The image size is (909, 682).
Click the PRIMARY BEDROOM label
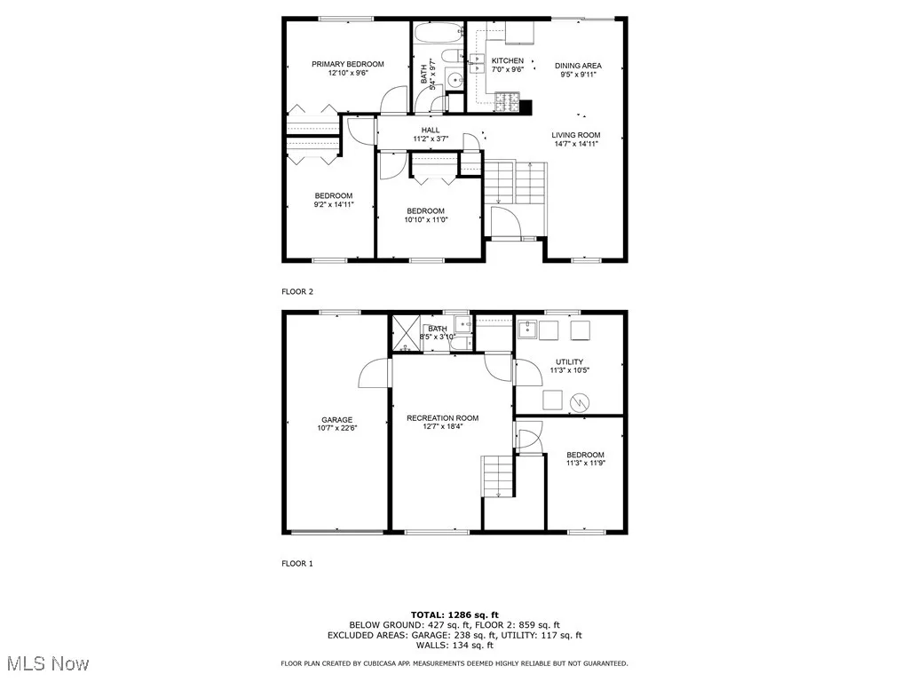pos(347,64)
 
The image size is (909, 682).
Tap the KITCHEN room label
pos(508,60)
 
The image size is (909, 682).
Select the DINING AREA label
pos(578,66)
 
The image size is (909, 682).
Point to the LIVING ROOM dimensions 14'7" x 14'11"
pos(575,144)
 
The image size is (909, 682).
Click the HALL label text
pos(431,130)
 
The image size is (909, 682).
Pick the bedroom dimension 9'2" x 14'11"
pos(333,204)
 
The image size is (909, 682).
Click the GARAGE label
pos(336,420)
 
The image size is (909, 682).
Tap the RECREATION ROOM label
pos(442,418)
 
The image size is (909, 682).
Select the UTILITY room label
pos(569,361)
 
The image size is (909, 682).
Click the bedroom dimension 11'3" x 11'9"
pos(585,464)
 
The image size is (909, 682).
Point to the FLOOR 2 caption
pos(297,291)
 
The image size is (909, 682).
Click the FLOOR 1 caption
pos(297,563)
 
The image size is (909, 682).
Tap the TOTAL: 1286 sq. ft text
pos(454,615)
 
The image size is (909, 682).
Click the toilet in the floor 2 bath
pos(451,59)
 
